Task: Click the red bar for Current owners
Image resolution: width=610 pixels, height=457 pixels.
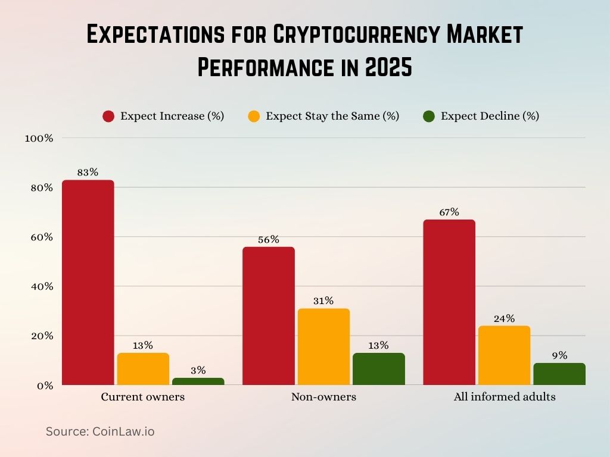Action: (88, 283)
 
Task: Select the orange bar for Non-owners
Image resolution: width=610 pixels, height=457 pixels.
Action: (323, 346)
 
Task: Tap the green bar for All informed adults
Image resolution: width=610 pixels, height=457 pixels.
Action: (559, 374)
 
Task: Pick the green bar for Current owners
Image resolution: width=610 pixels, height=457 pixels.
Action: (198, 381)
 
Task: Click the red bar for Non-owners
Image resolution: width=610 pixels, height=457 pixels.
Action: (268, 316)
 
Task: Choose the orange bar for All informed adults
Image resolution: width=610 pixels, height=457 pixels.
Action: (504, 355)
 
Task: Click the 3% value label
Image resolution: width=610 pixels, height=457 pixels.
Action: (198, 370)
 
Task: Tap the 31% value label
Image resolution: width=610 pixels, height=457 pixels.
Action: (323, 301)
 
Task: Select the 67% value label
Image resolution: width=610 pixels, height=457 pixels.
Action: (449, 212)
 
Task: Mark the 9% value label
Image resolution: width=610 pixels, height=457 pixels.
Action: (559, 355)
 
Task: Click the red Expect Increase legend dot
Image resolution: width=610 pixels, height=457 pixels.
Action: (108, 117)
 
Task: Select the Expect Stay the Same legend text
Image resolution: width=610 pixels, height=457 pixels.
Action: (332, 116)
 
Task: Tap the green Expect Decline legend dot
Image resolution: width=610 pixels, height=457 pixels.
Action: (429, 117)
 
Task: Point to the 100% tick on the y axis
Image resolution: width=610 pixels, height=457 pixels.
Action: (39, 138)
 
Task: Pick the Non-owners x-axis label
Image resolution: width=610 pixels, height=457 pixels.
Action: (323, 397)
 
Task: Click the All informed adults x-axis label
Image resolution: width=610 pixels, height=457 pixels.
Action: (504, 397)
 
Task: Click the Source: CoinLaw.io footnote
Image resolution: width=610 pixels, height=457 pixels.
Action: (100, 431)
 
